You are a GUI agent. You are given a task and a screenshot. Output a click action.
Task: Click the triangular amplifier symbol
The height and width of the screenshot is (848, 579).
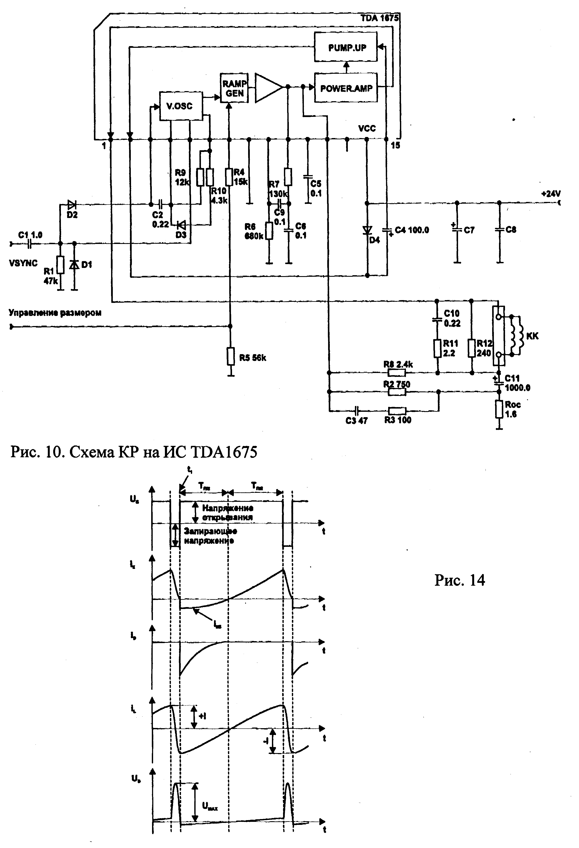[268, 88]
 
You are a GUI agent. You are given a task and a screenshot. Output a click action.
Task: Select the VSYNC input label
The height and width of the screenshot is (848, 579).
[23, 263]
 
